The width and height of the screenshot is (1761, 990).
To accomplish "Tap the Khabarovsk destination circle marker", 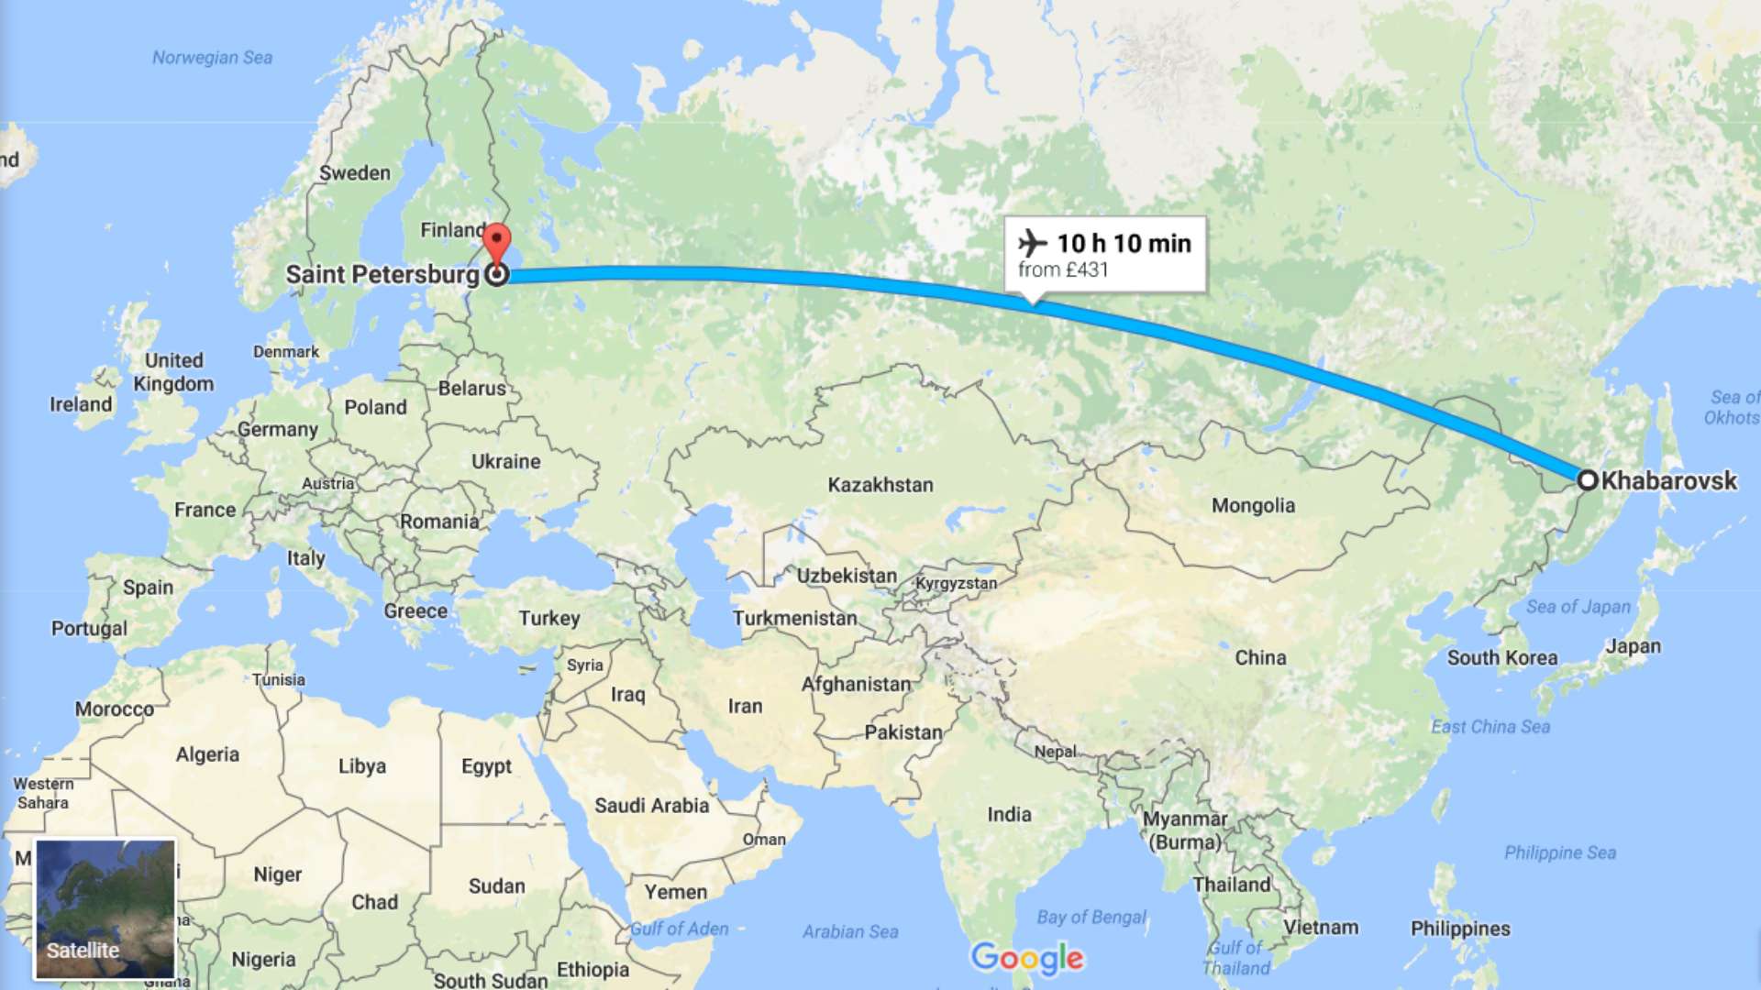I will [x=1588, y=479].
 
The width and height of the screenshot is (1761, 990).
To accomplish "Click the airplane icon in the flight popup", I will [x=1033, y=243].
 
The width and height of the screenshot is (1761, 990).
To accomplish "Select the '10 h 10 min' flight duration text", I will [x=1124, y=243].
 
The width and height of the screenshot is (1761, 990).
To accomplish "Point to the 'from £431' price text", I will [x=1063, y=269].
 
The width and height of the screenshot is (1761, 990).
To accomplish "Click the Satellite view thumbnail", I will [x=105, y=908].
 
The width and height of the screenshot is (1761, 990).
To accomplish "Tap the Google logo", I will [x=1027, y=958].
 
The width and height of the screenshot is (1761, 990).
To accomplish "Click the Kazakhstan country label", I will [x=880, y=485].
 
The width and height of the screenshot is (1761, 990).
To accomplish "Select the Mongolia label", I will [x=1253, y=505].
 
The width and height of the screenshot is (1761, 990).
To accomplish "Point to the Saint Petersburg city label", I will [x=382, y=274].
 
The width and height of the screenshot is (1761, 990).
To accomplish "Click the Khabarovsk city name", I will [x=1668, y=480].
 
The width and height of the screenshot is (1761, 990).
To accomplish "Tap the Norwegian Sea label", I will [x=212, y=58].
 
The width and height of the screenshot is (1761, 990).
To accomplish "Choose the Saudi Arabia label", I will [x=651, y=806].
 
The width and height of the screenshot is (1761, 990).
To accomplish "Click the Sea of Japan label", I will [x=1578, y=607].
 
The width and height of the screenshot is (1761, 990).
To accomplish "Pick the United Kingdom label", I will [x=173, y=372].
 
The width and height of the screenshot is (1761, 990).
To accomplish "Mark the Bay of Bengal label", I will [x=1091, y=917].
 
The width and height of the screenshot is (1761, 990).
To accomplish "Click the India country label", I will [x=1009, y=814].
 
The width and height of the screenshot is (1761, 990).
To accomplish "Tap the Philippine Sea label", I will [x=1559, y=852].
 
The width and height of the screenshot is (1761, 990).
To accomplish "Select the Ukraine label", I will [x=505, y=461].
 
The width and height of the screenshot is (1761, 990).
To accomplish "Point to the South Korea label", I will [x=1501, y=657].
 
